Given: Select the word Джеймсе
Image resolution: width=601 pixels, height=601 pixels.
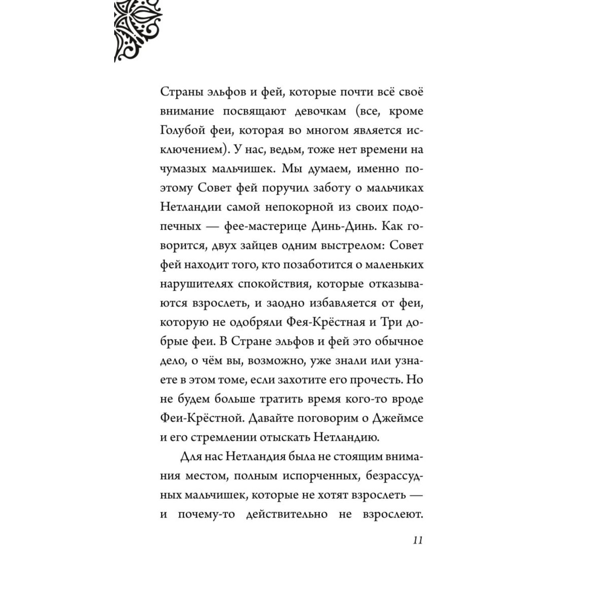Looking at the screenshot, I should pyautogui.click(x=398, y=418).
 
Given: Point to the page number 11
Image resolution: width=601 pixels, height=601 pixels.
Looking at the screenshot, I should pyautogui.click(x=417, y=540).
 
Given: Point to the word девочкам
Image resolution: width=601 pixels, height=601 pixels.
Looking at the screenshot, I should pyautogui.click(x=320, y=111).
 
